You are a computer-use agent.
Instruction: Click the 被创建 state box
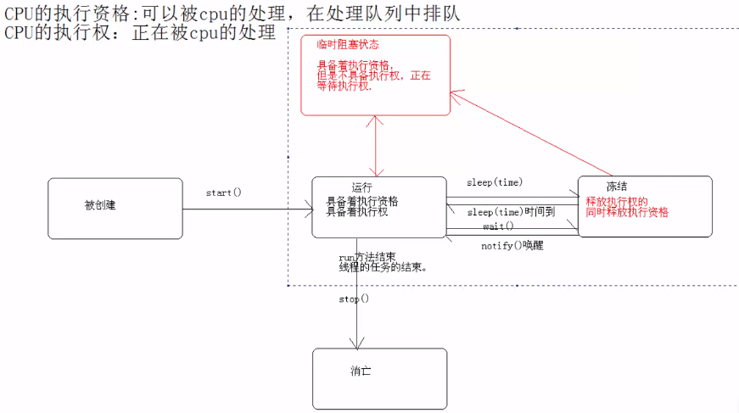115,208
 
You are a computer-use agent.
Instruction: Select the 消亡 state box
378,378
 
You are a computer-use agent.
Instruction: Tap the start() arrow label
224,193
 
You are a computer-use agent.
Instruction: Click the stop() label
354,299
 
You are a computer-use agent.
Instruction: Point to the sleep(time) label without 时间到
495,183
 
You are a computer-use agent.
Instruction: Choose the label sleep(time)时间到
511,212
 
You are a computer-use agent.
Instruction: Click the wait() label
498,226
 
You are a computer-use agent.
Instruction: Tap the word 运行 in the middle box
362,187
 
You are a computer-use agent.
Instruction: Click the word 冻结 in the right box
617,187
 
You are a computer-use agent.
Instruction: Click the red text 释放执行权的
617,202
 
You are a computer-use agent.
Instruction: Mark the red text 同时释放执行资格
627,212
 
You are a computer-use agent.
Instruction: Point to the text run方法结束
366,256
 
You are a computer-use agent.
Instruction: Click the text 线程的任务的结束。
382,267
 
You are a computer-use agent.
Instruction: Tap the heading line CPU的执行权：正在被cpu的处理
140,33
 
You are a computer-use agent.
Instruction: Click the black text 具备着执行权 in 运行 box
357,213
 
